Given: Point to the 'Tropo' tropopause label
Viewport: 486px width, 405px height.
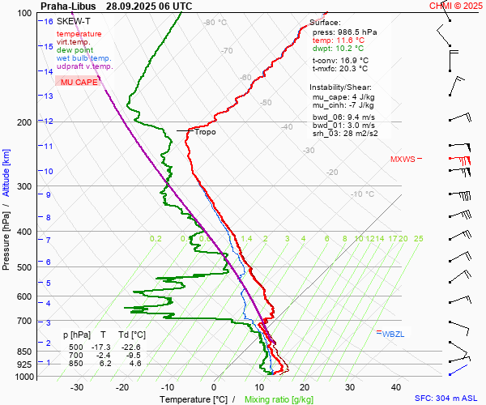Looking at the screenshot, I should (205, 131).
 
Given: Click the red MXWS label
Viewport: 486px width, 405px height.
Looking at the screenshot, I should (401, 160).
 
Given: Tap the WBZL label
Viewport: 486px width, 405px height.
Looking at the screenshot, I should (393, 334).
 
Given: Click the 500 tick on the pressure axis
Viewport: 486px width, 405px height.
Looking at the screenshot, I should (23, 267).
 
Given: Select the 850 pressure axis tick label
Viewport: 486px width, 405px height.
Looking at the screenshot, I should (23, 352).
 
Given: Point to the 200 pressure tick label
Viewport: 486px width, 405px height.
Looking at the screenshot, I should (23, 122).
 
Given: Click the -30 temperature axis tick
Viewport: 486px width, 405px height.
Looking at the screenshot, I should (77, 387).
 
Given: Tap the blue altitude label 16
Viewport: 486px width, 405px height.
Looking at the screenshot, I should (49, 21).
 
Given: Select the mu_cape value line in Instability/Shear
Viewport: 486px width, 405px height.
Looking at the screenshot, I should (343, 96).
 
